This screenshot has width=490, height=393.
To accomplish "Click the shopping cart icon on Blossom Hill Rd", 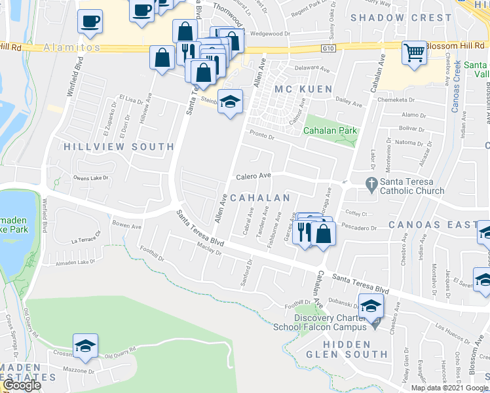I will [414, 51].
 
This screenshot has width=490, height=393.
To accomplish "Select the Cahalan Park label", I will [330, 130].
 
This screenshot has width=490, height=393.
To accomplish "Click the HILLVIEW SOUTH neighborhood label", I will [119, 147].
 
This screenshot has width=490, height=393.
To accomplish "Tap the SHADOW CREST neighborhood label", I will [401, 18].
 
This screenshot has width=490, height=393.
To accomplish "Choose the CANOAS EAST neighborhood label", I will [430, 225].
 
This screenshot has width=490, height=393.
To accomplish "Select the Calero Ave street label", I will [254, 176].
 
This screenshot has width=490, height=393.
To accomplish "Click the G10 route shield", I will [328, 48].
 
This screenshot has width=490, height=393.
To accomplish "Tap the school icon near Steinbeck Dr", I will [230, 102].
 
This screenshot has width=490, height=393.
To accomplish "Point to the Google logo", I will [22, 386].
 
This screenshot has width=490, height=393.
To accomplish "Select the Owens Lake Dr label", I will [90, 178].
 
